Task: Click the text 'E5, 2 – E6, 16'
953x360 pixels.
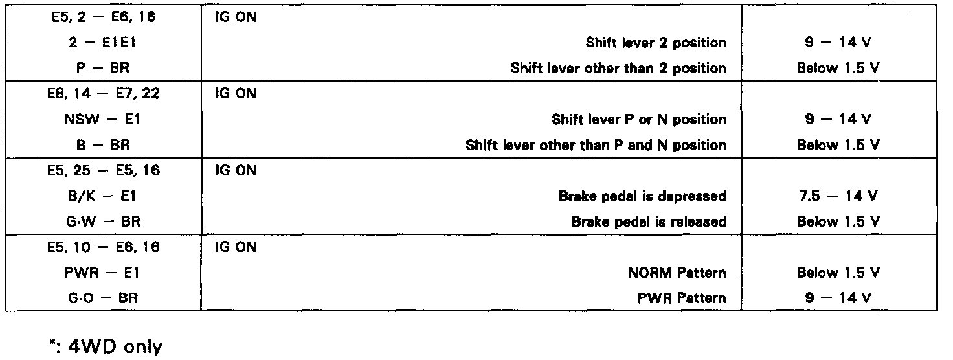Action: (103, 17)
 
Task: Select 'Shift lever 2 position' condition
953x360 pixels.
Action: (656, 43)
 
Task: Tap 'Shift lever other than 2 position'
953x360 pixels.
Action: (618, 68)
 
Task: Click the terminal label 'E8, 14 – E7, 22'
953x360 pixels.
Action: (103, 94)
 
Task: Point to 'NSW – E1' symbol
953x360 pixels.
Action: (103, 119)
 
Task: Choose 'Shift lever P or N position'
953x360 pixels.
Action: (638, 119)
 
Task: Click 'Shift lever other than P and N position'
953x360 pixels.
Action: (596, 145)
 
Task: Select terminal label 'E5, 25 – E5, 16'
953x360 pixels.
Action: (103, 171)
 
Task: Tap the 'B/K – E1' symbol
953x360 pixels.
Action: (103, 196)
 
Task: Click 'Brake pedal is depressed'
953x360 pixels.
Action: (642, 196)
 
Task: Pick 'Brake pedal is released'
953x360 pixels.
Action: (649, 221)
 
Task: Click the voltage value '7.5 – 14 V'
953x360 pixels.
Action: (838, 196)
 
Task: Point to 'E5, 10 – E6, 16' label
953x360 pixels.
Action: (103, 247)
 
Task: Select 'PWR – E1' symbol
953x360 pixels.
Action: (103, 273)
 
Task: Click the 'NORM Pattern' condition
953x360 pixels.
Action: (677, 273)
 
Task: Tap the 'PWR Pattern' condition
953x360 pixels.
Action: (682, 298)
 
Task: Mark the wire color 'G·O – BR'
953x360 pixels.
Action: (103, 298)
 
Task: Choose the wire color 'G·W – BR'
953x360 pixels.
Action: (103, 221)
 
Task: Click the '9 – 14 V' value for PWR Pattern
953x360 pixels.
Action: (838, 298)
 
